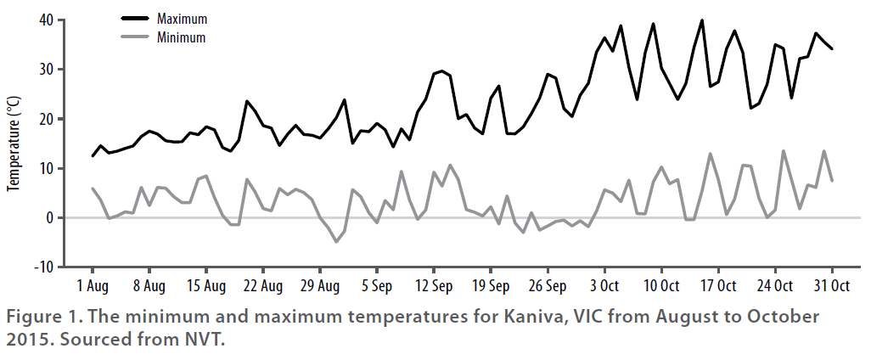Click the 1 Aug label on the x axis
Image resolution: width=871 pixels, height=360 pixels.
click(93, 284)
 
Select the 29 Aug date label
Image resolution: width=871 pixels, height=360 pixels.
click(320, 284)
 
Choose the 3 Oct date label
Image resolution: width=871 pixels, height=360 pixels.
click(605, 284)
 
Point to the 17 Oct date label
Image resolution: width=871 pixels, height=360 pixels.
click(718, 284)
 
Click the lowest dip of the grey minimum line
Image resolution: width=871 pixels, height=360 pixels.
click(336, 242)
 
